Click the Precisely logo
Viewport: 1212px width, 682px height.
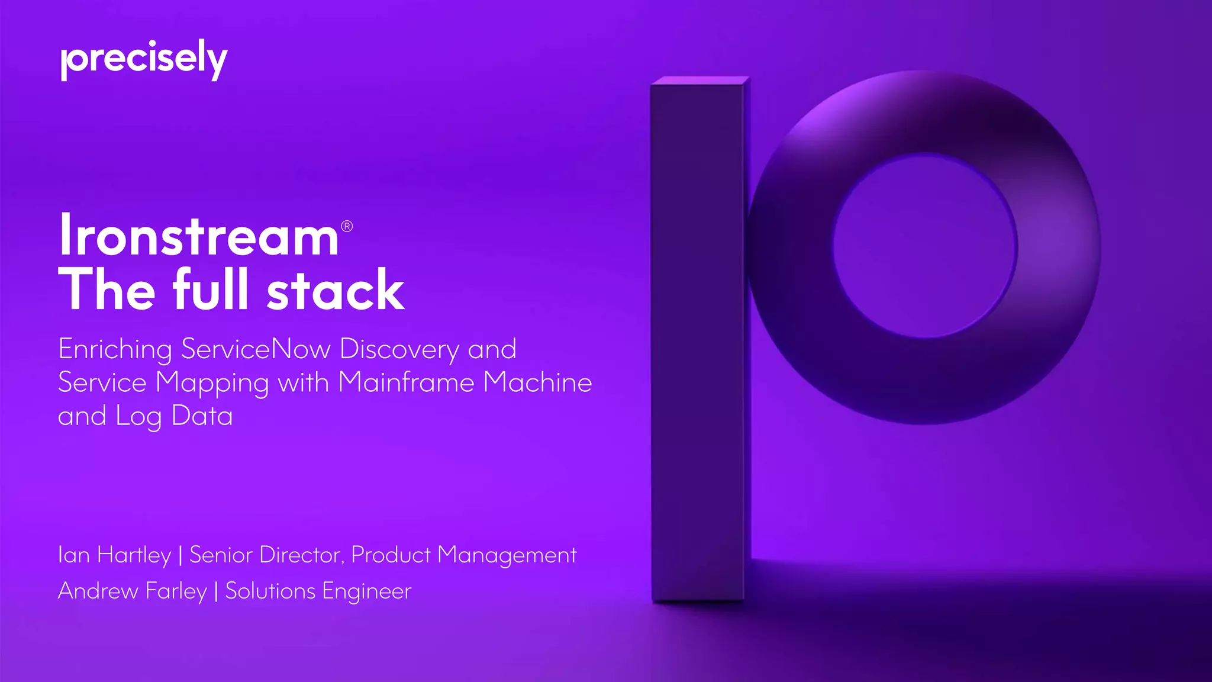coord(144,59)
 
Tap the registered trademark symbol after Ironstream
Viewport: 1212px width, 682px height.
coord(347,226)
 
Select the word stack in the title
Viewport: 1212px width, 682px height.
coord(336,290)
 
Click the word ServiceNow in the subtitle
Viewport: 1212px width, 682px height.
coord(256,349)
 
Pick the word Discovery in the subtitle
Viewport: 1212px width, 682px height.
coord(399,350)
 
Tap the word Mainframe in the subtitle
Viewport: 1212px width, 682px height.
coord(406,382)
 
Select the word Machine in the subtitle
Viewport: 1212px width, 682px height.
coord(537,382)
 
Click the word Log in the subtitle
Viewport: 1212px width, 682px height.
coord(138,417)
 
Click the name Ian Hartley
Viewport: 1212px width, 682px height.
coord(114,555)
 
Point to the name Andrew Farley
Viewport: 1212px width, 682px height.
coord(133,591)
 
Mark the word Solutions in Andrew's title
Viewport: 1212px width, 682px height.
coord(270,591)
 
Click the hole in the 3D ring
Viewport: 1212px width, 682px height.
coord(925,246)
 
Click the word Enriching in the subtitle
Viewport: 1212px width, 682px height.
coord(115,350)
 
